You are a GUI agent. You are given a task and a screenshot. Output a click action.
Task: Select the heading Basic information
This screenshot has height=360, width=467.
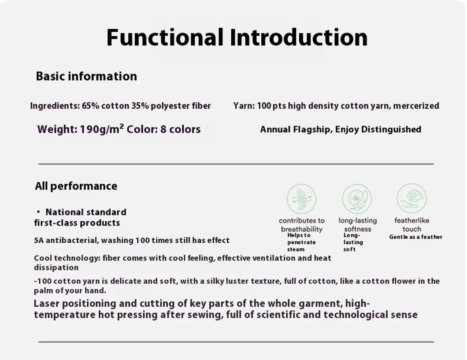[x=86, y=76]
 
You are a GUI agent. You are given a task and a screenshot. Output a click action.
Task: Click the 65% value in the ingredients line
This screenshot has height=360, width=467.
[x=91, y=106]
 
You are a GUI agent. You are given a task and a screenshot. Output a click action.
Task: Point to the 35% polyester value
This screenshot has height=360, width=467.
[x=140, y=106]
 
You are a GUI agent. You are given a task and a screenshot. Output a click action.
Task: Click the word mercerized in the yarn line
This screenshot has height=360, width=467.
[x=416, y=106]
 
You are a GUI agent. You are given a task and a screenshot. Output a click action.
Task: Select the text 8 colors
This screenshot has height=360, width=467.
[x=181, y=129]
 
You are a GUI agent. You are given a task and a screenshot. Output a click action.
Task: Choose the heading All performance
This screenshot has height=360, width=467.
[x=76, y=186]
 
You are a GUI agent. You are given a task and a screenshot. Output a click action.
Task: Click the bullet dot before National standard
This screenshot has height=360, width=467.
[x=38, y=212]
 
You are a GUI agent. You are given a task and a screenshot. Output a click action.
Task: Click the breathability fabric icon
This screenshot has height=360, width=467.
[x=301, y=199]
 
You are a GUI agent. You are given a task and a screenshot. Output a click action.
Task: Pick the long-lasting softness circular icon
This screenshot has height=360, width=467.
[x=357, y=199]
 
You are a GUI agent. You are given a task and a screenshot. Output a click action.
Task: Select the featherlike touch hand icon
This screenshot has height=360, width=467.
[x=411, y=198]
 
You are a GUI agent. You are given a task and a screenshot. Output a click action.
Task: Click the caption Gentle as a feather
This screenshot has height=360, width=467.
[x=416, y=237]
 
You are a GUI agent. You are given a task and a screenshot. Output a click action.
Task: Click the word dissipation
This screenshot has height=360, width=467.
[x=56, y=267]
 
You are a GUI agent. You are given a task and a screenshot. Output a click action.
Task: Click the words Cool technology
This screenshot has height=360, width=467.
[x=67, y=258]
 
